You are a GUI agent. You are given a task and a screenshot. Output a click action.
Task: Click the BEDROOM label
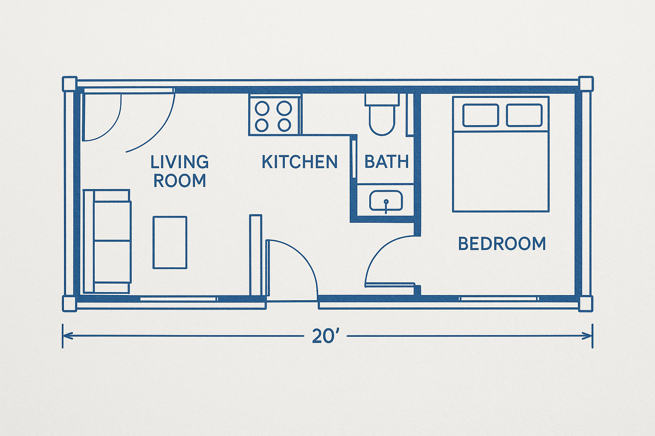click(502, 244)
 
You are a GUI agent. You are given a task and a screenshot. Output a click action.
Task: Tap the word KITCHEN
click(300, 162)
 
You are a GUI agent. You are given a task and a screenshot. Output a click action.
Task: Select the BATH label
click(387, 162)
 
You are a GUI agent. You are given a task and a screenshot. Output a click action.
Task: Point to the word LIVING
click(180, 162)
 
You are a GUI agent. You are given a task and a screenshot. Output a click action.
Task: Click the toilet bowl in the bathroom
click(382, 120)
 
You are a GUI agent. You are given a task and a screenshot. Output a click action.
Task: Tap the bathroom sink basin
click(386, 201)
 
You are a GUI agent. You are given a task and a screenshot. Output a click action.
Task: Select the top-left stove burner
click(262, 108)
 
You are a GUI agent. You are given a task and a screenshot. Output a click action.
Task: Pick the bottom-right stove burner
click(284, 125)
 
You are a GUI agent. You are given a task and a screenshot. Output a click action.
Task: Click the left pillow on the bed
click(481, 115)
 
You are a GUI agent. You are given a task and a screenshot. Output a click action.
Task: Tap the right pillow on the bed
click(524, 115)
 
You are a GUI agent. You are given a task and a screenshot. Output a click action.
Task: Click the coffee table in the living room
click(170, 242)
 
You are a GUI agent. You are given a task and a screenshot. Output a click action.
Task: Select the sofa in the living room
click(107, 241)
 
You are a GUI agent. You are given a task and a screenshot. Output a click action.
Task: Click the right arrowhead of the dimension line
click(587, 336)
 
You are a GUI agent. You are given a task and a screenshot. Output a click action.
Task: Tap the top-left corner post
click(70, 84)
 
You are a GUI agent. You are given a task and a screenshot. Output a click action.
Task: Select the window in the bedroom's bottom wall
click(498, 299)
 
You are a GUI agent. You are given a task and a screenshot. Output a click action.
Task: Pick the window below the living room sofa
click(179, 299)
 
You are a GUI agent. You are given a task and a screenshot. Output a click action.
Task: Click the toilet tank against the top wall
click(382, 100)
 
